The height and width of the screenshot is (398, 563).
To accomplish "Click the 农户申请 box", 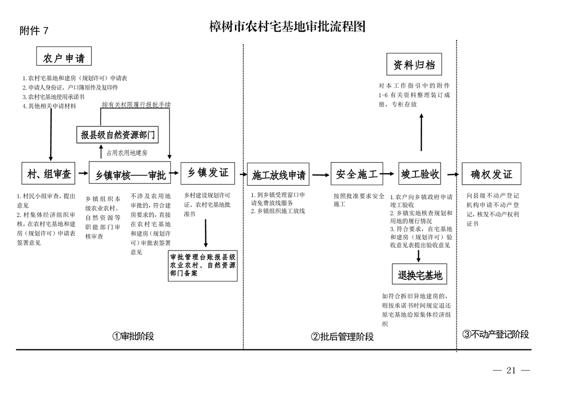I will coord(64,56).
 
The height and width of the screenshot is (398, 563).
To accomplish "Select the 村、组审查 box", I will coord(49,174).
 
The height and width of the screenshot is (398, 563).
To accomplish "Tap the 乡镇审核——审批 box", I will coord(130,174).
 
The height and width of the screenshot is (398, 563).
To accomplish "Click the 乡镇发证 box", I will coord(208,173).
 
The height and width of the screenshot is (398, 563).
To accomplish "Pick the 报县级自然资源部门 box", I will coord(118,135).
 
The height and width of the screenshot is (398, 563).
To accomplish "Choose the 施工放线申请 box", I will coord(278,174).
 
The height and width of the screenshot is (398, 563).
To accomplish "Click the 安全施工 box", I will coord(356,174).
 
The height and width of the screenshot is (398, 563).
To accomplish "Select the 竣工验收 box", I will coord(419,174).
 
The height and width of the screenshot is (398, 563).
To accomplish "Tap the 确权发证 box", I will coord(491,174).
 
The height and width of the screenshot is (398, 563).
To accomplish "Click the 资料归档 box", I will coord(414,65).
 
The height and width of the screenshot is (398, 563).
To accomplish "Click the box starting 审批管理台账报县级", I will coord(203,266).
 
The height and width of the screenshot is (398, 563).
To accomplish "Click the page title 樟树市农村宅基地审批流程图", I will coord(287,27).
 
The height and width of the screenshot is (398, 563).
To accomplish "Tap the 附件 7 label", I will coord(34,31).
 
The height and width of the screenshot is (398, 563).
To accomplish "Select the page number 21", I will coord(511,370).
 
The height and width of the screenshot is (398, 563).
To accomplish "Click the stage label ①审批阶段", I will coord(133,336).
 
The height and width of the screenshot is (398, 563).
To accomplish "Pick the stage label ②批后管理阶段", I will coord(343,337).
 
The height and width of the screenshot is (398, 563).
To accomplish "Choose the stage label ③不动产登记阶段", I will coord(495,334).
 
